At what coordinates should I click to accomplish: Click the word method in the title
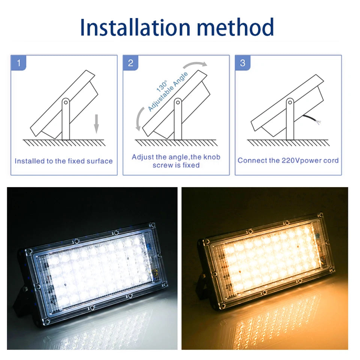[x=235, y=27]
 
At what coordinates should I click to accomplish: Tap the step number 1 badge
[x=19, y=63]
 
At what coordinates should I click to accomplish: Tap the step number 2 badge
[x=130, y=63]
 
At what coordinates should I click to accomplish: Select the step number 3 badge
[x=243, y=63]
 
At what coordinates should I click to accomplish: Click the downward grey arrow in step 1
[x=96, y=123]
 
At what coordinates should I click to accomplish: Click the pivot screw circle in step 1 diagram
[x=66, y=102]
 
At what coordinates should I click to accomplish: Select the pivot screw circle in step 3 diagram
[x=290, y=102]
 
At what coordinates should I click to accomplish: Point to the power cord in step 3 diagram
[x=312, y=119]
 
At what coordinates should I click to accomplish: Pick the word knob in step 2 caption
[x=211, y=157]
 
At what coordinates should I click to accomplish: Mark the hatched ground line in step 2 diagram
[x=176, y=142]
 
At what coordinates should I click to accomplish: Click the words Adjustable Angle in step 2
[x=168, y=91]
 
